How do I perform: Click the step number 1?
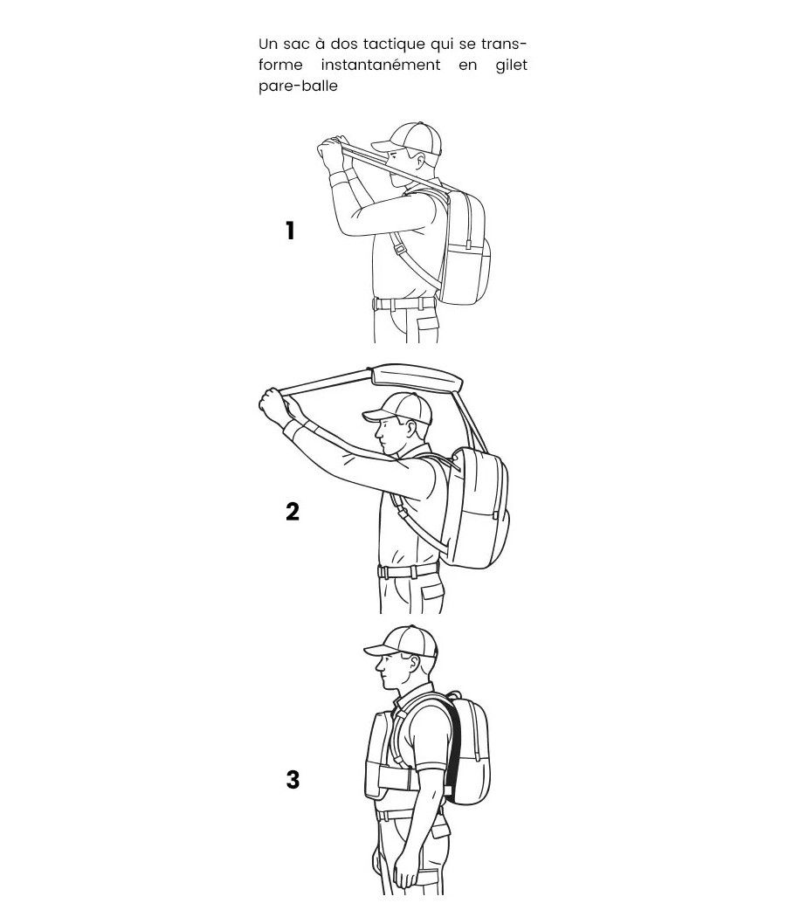click(x=290, y=231)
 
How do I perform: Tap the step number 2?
click(x=293, y=512)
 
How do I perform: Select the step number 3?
click(x=293, y=780)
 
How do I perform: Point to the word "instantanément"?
click(x=381, y=65)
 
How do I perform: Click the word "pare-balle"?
click(x=299, y=86)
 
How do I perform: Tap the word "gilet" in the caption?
click(x=511, y=65)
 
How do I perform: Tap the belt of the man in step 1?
click(x=403, y=304)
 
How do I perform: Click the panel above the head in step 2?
click(x=416, y=378)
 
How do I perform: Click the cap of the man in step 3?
click(x=401, y=642)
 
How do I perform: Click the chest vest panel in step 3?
click(x=376, y=755)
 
